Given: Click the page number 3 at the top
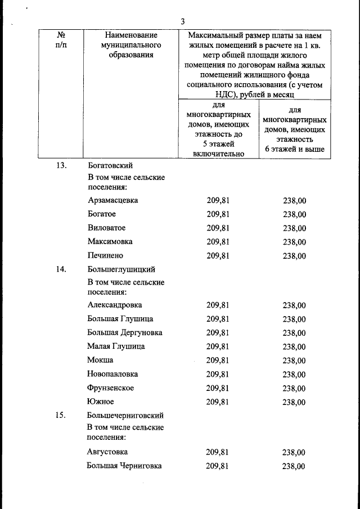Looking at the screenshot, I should [x=183, y=21].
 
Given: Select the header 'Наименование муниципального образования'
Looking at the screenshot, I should [x=127, y=44].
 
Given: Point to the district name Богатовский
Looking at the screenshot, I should [x=110, y=165].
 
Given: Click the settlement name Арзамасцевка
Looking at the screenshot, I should [x=113, y=200].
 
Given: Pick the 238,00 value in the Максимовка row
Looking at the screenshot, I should [x=295, y=242].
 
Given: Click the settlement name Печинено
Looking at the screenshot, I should [x=107, y=255].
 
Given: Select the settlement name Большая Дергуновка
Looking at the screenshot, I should [x=125, y=332].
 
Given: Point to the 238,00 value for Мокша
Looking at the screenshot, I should [x=294, y=361].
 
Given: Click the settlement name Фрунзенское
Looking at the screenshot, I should [x=111, y=388].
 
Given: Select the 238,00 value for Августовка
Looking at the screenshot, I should [x=294, y=452].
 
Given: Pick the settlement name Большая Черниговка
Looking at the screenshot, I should [x=124, y=466].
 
